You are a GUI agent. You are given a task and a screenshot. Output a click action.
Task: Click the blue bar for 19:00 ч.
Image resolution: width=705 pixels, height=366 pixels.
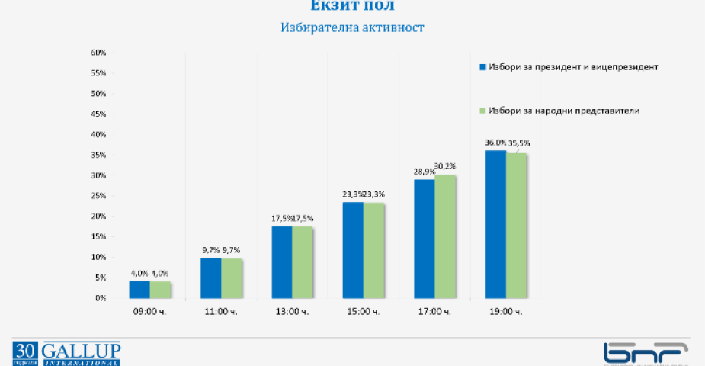(495, 224)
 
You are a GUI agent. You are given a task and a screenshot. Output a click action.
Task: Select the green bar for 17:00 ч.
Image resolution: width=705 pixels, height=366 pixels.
(445, 236)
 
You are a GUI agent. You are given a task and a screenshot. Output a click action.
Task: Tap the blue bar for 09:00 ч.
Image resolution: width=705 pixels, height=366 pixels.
(139, 290)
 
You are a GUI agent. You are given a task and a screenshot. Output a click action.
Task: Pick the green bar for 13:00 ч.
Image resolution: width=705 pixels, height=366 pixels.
(303, 262)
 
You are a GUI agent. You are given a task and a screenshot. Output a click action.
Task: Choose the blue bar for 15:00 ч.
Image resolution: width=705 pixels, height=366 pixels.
(353, 250)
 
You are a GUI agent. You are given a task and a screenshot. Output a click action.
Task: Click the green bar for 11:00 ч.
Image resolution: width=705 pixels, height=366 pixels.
(232, 278)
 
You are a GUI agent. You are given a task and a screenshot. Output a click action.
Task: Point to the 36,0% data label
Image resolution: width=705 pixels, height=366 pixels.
(495, 143)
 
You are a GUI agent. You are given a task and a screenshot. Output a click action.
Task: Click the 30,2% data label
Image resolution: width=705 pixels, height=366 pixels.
(446, 166)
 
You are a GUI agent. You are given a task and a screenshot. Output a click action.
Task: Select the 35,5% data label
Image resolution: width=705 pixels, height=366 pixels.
(518, 143)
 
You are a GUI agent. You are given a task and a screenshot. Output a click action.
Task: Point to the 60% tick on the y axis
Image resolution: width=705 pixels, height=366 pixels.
(98, 53)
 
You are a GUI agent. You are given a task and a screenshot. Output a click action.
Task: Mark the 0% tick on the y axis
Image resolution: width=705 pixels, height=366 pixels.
(99, 298)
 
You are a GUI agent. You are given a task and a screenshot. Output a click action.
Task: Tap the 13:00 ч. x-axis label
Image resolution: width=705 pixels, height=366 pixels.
(293, 312)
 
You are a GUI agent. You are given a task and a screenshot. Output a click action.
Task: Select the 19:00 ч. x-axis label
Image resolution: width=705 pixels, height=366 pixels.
(506, 312)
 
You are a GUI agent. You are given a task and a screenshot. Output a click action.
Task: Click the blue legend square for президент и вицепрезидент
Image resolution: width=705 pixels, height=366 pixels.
(482, 67)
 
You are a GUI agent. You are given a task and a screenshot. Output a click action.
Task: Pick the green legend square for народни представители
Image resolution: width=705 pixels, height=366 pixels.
(482, 111)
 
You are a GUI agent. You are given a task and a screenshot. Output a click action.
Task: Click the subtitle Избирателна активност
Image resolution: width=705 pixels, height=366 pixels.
(352, 28)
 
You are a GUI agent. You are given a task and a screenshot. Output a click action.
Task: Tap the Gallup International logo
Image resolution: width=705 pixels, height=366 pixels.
(66, 354)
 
